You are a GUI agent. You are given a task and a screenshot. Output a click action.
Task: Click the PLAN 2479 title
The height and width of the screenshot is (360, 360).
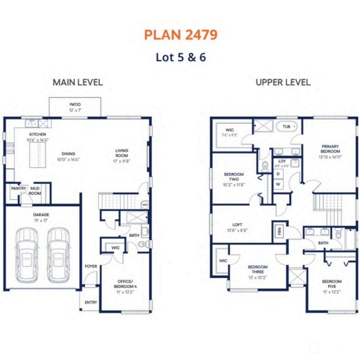coord(181,34)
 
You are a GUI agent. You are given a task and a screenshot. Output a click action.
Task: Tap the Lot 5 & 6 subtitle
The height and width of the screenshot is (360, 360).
coord(181,57)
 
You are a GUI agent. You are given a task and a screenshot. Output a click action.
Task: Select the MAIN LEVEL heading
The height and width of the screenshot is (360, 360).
coord(78,82)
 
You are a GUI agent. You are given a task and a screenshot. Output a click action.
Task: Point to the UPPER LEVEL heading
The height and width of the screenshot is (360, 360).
coord(283,82)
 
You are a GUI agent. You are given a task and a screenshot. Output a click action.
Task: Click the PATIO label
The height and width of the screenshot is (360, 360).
coord(75,104)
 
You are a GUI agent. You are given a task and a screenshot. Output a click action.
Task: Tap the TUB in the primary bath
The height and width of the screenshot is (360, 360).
coord(287,127)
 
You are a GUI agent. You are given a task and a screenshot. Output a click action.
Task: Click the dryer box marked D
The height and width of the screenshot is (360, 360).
coord(278,174)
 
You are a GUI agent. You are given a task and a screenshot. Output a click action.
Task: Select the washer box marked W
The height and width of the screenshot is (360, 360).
coord(278,184)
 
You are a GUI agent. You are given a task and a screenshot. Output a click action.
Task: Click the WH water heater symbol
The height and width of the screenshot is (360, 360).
coord(144,204)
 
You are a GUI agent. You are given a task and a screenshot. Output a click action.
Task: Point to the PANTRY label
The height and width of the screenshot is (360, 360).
coord(18,188)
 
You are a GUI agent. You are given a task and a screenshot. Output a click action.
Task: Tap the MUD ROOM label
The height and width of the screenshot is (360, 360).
coord(35,191)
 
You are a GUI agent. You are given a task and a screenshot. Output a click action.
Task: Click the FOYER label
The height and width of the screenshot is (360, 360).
coord(91,266)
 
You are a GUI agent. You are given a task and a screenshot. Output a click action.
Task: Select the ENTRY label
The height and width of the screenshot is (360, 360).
coord(91,302)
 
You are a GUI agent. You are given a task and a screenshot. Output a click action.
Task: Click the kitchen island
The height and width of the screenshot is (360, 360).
coord(37,155)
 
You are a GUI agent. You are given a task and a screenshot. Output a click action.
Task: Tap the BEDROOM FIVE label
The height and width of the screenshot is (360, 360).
coord(332,284)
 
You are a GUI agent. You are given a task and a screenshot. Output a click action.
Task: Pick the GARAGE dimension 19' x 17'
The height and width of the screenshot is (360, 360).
coord(41,220)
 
